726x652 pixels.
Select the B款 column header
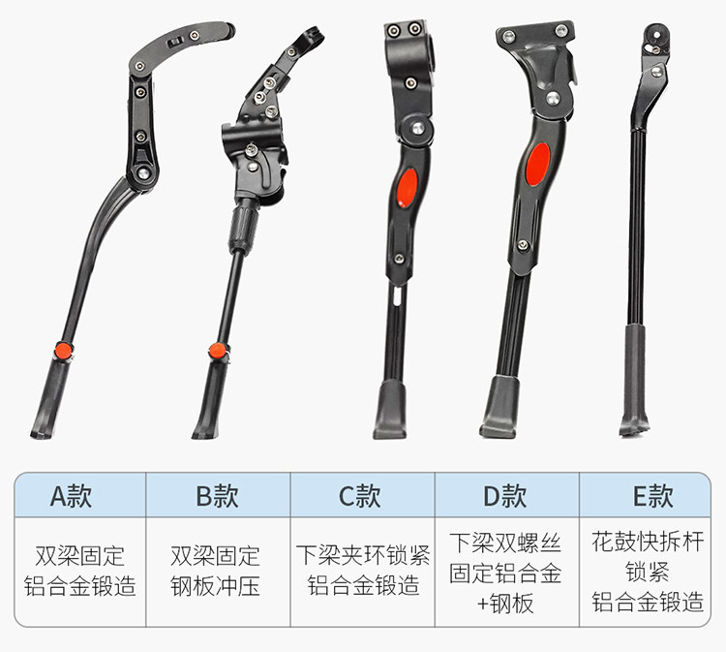click(218, 495)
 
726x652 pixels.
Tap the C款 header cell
click(362, 495)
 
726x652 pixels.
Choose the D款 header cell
click(507, 495)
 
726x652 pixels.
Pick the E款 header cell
click(645, 495)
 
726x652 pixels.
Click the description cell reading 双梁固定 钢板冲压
click(218, 572)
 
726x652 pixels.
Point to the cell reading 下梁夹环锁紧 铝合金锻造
click(362, 572)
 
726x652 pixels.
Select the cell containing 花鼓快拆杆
click(645, 572)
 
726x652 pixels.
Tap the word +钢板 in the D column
click(505, 604)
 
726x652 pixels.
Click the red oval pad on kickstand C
click(407, 188)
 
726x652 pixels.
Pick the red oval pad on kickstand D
click(538, 164)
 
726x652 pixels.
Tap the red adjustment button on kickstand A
click(64, 351)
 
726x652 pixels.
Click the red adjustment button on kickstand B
click(217, 351)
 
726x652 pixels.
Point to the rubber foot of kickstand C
click(390, 409)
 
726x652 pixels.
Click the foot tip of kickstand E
click(633, 427)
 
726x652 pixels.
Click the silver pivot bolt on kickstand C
click(418, 128)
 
